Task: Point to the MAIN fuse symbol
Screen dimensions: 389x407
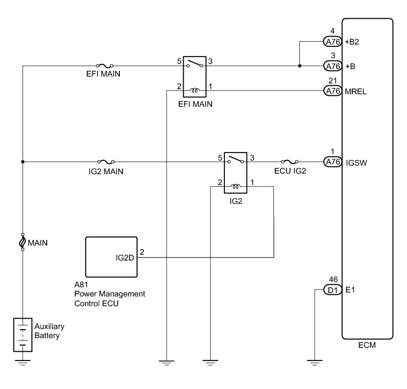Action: [23, 242]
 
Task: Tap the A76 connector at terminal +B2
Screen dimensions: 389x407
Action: [332, 42]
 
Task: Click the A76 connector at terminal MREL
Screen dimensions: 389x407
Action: [332, 90]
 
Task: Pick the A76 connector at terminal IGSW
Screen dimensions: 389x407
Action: [332, 162]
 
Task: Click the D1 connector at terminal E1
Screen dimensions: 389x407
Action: [332, 290]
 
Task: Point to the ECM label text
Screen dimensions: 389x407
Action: [366, 346]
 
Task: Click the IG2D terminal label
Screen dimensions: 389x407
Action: [124, 257]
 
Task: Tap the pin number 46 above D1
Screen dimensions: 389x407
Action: [333, 280]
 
